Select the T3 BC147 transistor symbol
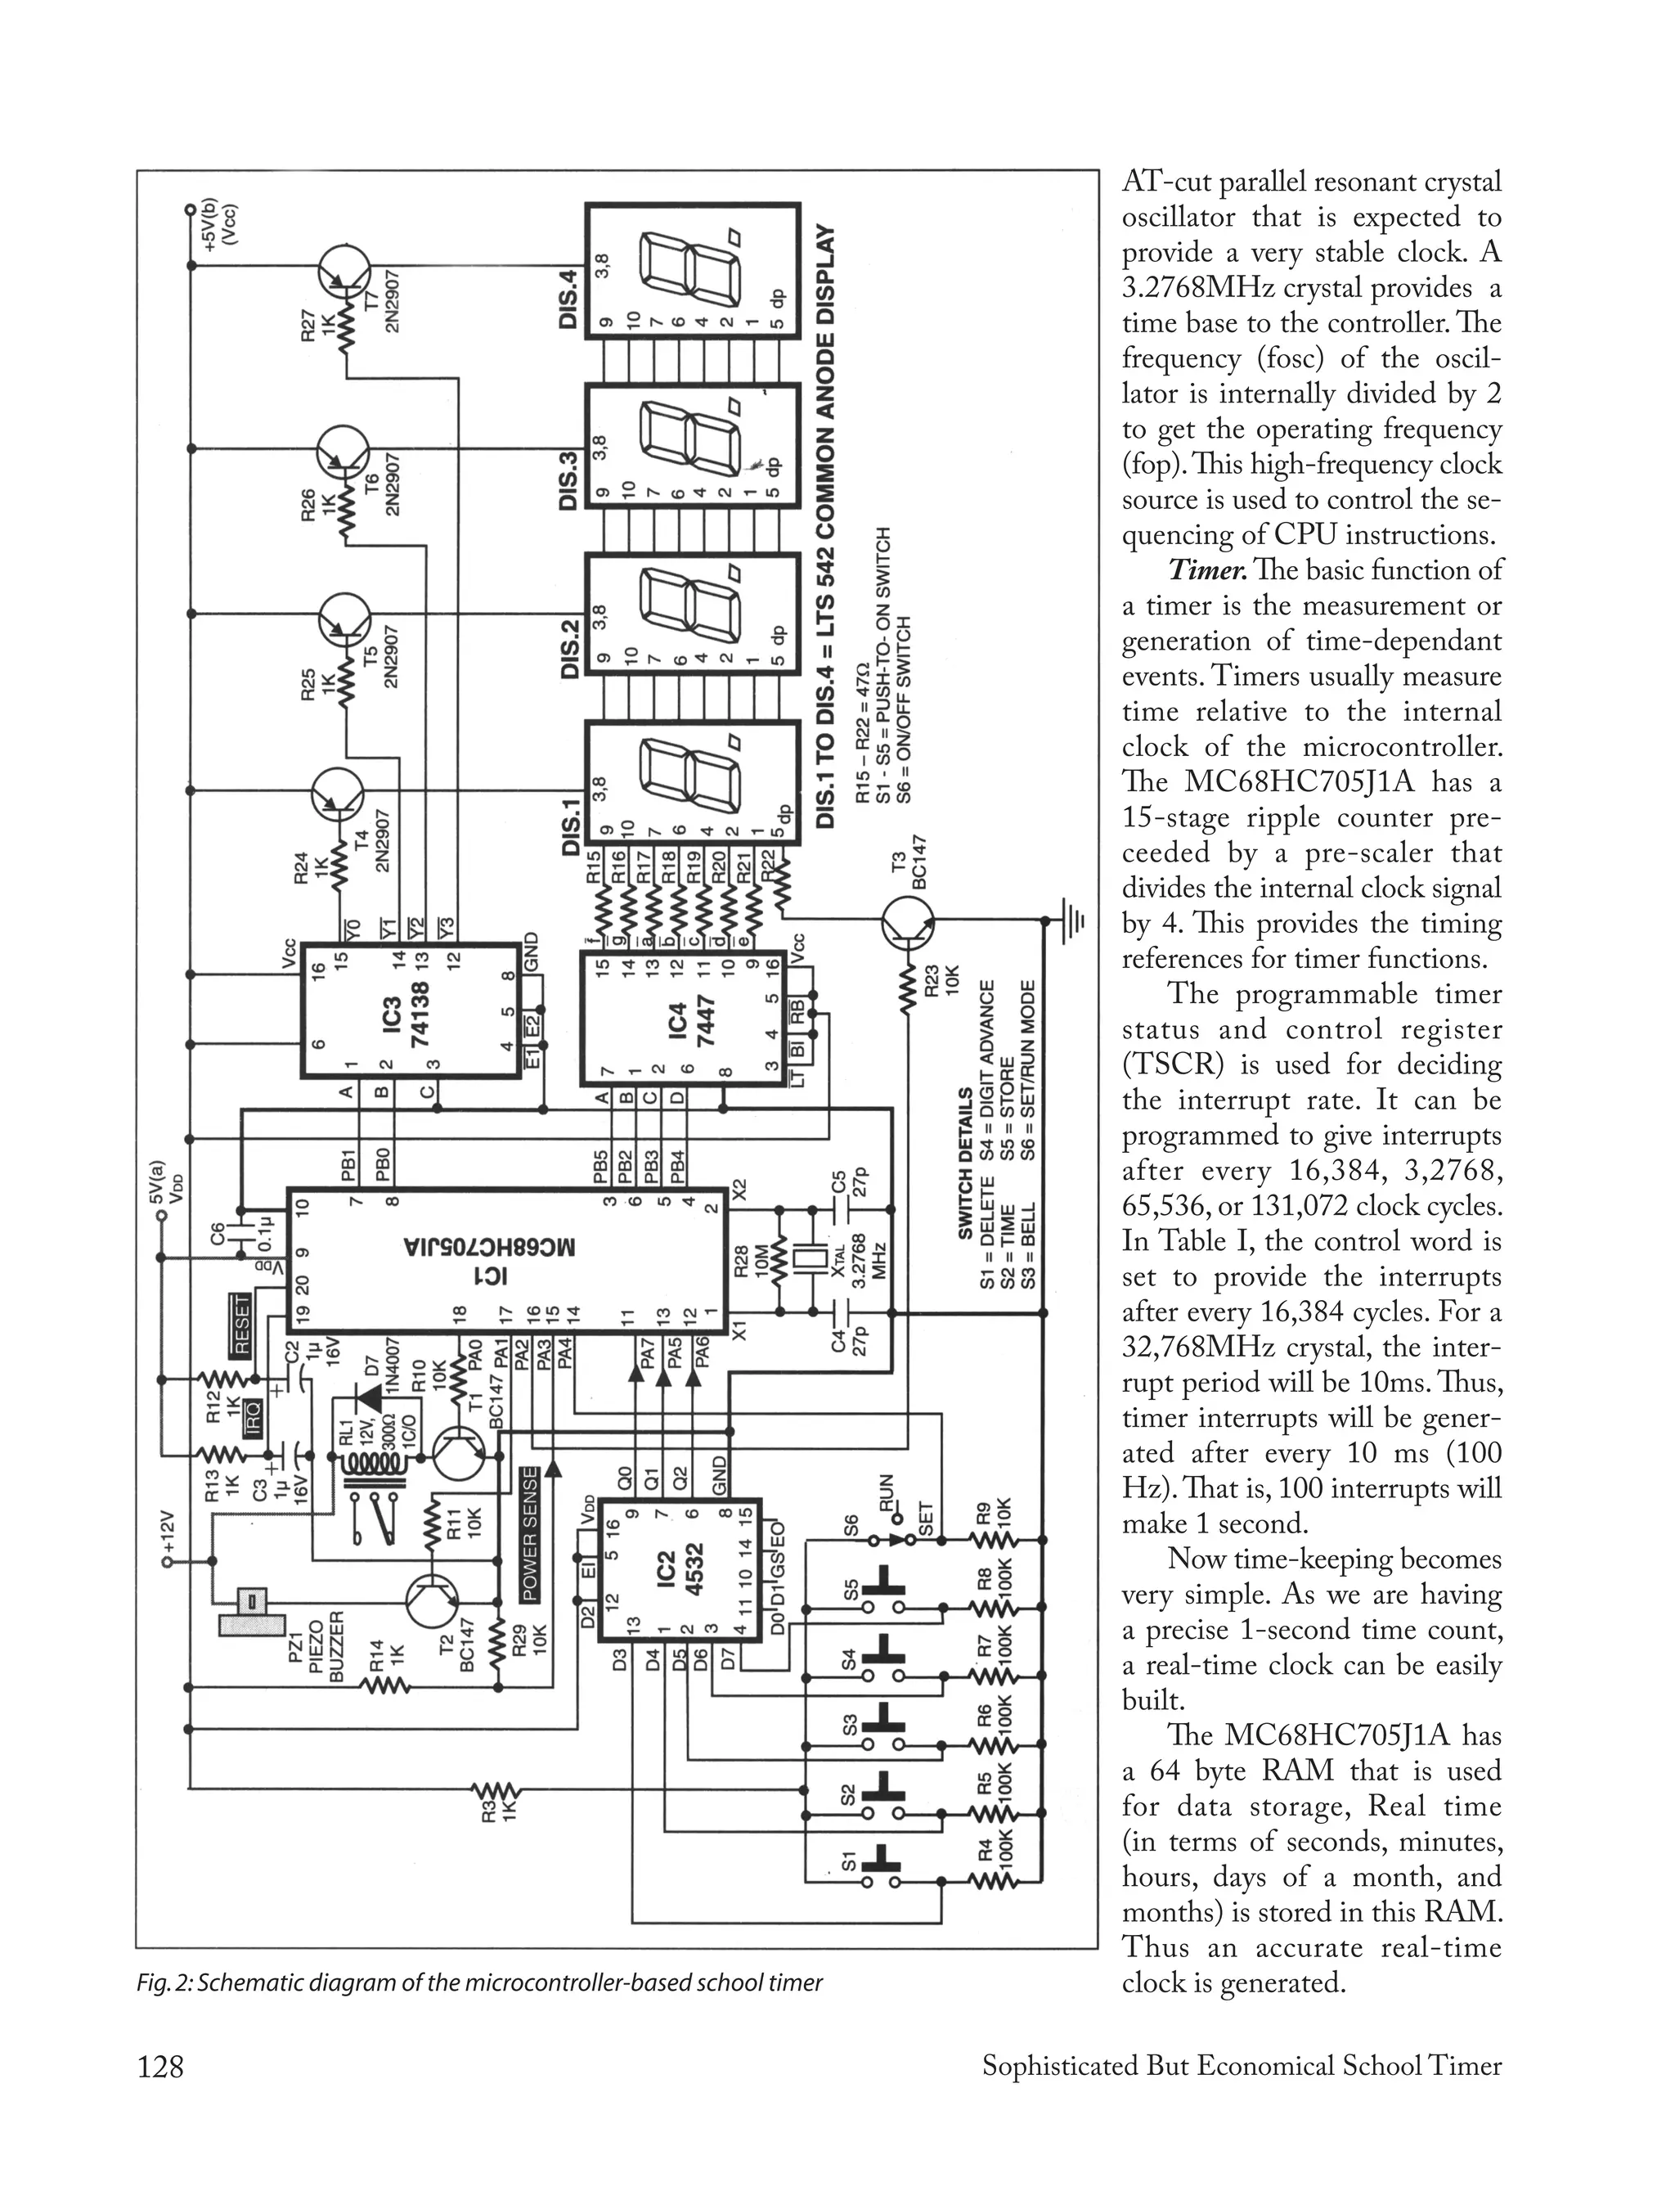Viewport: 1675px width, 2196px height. [x=907, y=922]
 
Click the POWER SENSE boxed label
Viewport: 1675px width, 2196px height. [x=529, y=1535]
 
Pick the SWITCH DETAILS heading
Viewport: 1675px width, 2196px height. [x=964, y=1163]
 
